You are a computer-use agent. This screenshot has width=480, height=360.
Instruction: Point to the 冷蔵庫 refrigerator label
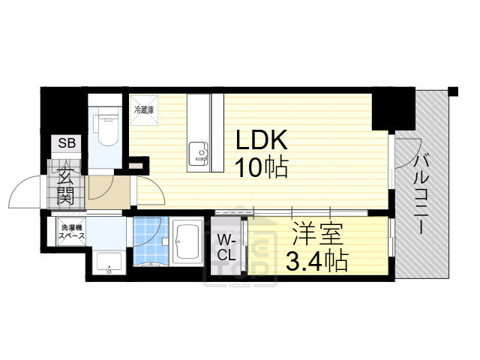pyautogui.click(x=143, y=110)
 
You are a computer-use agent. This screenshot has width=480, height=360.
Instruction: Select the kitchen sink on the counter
pyautogui.click(x=199, y=152)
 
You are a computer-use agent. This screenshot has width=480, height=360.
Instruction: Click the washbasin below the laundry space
pyautogui.click(x=109, y=262)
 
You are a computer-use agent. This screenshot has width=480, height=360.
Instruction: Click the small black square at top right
pyautogui.click(x=453, y=92)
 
